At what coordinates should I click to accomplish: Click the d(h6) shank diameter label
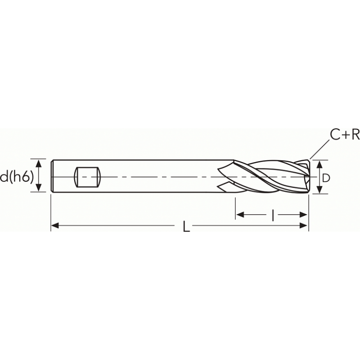(17, 177)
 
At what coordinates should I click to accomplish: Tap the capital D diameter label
(326, 178)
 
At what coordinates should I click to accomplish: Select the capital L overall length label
(186, 227)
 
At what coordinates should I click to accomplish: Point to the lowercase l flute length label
(273, 216)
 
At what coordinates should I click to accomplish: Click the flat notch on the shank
(86, 177)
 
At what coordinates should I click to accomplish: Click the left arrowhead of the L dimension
(55, 225)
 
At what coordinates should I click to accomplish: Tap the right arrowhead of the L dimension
(305, 225)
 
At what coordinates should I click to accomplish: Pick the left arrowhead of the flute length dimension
(240, 215)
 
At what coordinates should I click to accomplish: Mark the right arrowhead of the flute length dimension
(305, 215)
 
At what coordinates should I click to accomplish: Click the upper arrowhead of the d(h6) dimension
(39, 163)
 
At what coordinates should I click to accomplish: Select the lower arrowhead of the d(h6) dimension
(39, 189)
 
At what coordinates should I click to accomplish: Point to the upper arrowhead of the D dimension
(319, 164)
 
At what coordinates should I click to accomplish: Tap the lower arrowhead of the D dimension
(319, 190)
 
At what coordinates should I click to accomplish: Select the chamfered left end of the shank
(52, 176)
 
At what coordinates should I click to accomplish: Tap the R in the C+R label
(355, 135)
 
